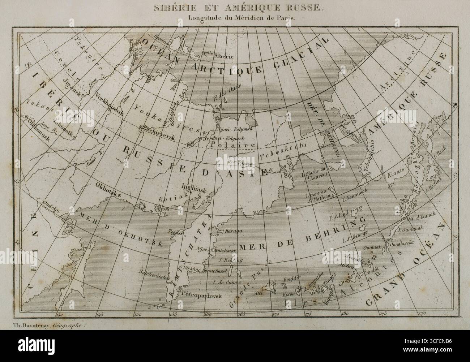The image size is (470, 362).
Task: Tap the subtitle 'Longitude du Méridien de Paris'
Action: coord(235,19)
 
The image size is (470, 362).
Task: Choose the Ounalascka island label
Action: coord(398,244)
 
